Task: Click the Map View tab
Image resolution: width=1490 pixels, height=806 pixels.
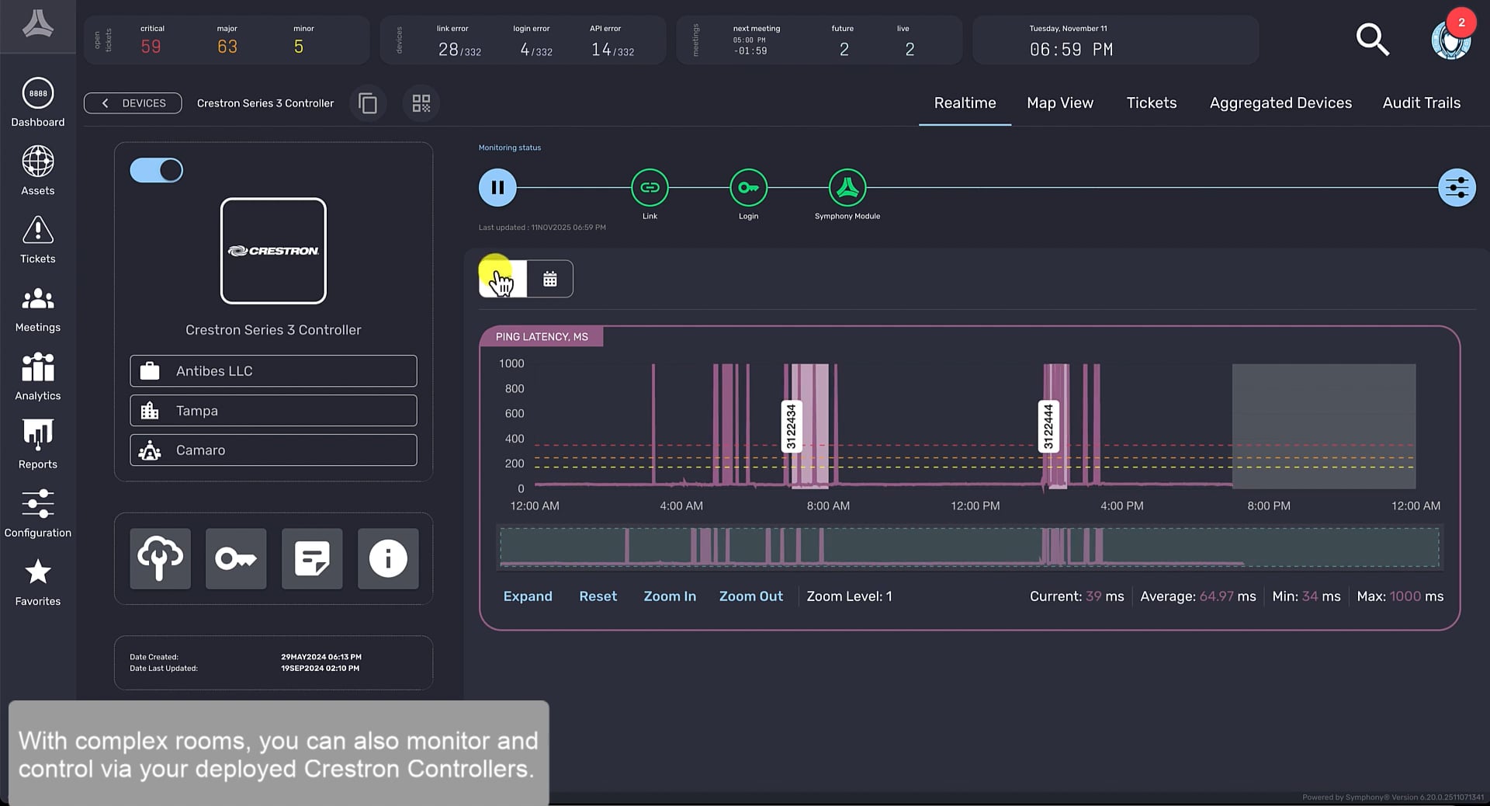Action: (1059, 102)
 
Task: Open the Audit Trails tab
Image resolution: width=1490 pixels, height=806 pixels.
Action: (1421, 102)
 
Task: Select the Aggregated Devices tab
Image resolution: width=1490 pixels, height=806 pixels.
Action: (1280, 102)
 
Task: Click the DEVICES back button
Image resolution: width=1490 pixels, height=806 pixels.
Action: (133, 103)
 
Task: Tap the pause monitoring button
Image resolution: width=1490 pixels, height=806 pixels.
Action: (497, 187)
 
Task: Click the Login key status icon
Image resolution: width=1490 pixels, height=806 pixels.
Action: (748, 187)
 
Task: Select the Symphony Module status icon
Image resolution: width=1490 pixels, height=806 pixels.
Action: (847, 187)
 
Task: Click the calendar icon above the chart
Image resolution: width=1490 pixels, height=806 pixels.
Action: (549, 279)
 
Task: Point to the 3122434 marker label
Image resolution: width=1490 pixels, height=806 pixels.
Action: (791, 426)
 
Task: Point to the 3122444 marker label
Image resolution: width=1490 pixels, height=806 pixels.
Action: (1048, 426)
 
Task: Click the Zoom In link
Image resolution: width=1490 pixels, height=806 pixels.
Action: (669, 596)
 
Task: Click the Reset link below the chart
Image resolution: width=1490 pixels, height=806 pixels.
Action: (598, 596)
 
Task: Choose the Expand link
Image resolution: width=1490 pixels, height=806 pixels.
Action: (528, 596)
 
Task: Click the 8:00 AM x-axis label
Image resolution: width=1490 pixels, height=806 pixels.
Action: (827, 505)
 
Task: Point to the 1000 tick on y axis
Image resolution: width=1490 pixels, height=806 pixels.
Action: (511, 363)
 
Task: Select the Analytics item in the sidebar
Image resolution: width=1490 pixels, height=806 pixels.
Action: (37, 376)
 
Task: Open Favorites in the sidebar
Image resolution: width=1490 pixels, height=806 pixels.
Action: (37, 582)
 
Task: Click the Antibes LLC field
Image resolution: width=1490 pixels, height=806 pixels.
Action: (273, 371)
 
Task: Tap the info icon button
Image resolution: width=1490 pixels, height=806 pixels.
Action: (387, 558)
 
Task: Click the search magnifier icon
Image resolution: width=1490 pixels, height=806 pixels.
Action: (1371, 40)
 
